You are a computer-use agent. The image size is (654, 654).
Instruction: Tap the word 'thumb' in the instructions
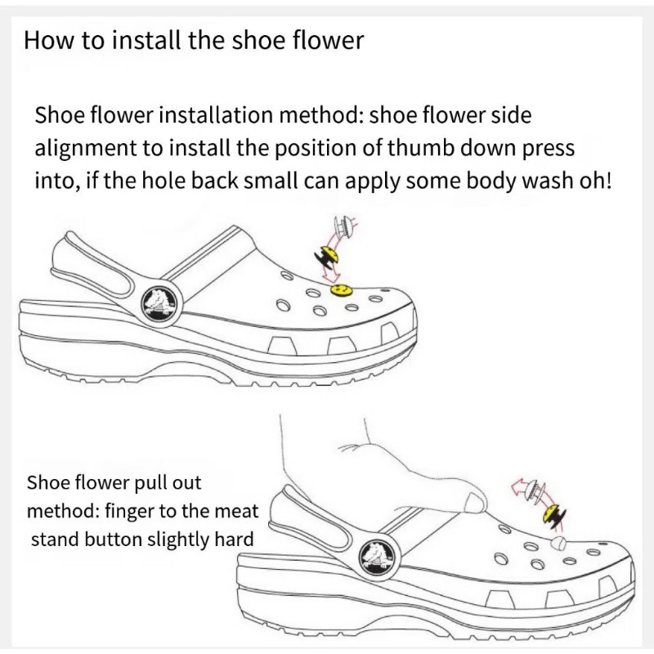tap(421, 148)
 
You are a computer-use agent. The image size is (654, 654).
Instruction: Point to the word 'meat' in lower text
tap(239, 512)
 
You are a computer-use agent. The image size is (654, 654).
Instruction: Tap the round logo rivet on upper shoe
tap(161, 302)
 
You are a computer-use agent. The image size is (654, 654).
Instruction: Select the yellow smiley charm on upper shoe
tap(341, 289)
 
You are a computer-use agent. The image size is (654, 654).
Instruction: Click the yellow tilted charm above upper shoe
tap(328, 256)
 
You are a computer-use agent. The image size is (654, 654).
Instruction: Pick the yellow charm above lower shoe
tap(554, 516)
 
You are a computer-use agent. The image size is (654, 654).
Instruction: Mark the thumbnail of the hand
tap(475, 502)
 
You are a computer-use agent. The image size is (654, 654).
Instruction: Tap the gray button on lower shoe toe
tap(558, 544)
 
